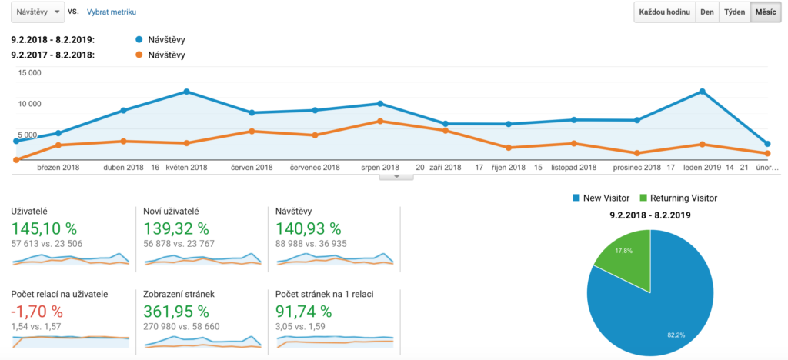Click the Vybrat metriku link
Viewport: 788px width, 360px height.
tap(111, 13)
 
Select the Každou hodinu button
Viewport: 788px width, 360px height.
tap(664, 13)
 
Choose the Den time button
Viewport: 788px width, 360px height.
tap(706, 13)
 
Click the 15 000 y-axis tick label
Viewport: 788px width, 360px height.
tap(29, 73)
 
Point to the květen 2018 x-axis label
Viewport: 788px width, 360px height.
tap(186, 167)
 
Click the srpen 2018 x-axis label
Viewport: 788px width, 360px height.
tap(380, 167)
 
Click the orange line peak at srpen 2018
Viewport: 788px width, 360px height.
tap(380, 121)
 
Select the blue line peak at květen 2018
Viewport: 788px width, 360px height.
tap(187, 92)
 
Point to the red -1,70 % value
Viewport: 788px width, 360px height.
tap(38, 312)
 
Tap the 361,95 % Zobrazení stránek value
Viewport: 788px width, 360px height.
tap(177, 312)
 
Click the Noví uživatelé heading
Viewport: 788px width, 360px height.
tap(172, 211)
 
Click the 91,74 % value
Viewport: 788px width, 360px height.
tap(304, 312)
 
